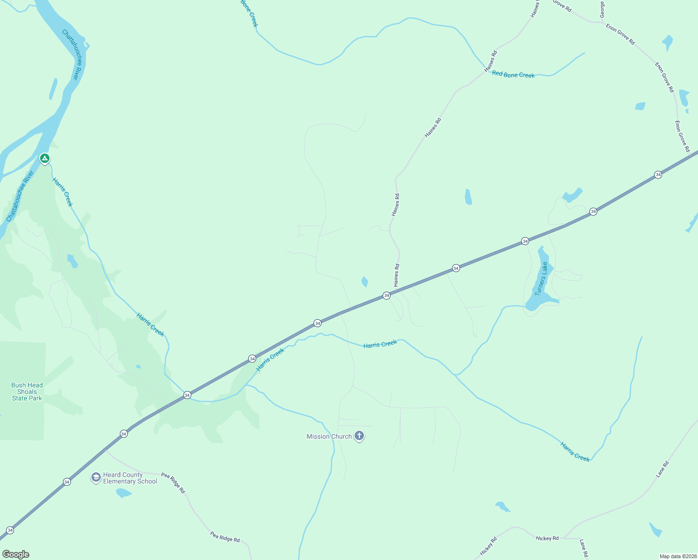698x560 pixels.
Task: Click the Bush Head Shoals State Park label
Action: click(x=27, y=392)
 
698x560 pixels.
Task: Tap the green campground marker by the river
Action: click(x=44, y=159)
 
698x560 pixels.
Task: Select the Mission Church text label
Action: click(x=329, y=437)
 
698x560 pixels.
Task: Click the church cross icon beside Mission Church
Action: click(x=359, y=436)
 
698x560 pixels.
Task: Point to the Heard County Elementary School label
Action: click(x=130, y=478)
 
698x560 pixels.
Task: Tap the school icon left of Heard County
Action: click(x=96, y=477)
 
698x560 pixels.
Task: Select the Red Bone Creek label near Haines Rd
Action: click(x=513, y=75)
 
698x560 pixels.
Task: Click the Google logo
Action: click(x=15, y=554)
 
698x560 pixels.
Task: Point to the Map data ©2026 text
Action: click(x=677, y=556)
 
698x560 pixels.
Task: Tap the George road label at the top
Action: click(x=602, y=9)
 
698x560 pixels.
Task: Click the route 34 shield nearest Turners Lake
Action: click(x=525, y=241)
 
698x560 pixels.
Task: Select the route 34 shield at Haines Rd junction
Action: click(x=386, y=295)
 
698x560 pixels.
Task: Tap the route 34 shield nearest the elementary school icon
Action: click(x=67, y=482)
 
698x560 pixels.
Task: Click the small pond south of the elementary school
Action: click(x=124, y=493)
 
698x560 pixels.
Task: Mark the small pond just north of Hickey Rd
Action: click(x=503, y=506)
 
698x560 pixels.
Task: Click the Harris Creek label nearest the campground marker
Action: click(x=63, y=192)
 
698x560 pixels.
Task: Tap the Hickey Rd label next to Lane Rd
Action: click(x=547, y=539)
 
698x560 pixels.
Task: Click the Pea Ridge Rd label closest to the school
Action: click(x=173, y=483)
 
